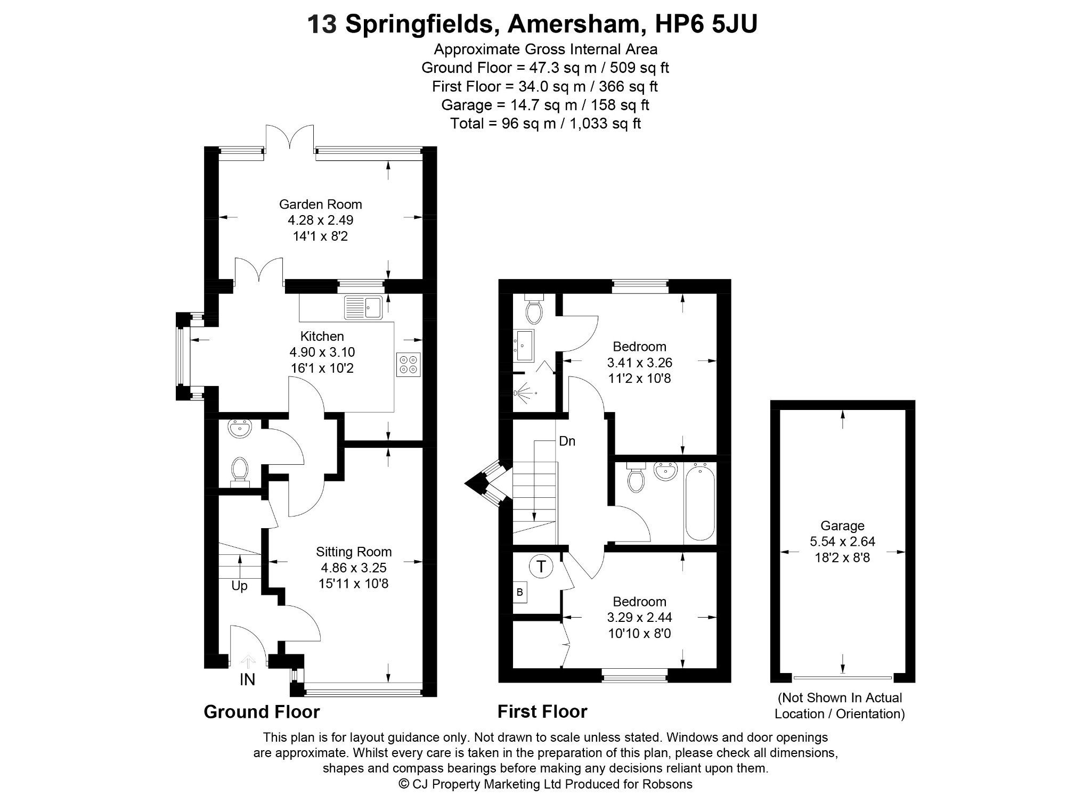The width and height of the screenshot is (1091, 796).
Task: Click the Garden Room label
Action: point(320,204)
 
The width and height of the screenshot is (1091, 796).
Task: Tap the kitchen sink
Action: point(364,307)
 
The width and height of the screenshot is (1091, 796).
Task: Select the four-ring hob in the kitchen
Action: point(409,365)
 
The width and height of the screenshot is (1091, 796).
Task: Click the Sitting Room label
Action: point(354,552)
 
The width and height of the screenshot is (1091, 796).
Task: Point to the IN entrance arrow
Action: point(248,661)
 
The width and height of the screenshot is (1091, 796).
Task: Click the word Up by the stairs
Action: point(239,586)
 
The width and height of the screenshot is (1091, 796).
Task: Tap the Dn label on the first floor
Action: point(567,441)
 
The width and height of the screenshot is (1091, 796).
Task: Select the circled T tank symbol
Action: point(541,566)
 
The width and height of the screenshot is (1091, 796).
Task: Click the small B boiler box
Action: point(520,593)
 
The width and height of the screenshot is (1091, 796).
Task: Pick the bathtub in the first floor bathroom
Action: point(699,502)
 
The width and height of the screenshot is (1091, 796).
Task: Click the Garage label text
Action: point(842,526)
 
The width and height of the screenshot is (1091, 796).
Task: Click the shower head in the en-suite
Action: point(520,392)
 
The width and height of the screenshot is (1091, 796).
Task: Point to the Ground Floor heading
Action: point(262,712)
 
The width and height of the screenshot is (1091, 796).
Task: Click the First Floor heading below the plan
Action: point(542,711)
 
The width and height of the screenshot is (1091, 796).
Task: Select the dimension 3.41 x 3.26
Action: point(640,363)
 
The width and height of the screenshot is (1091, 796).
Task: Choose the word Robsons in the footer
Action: point(667,784)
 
